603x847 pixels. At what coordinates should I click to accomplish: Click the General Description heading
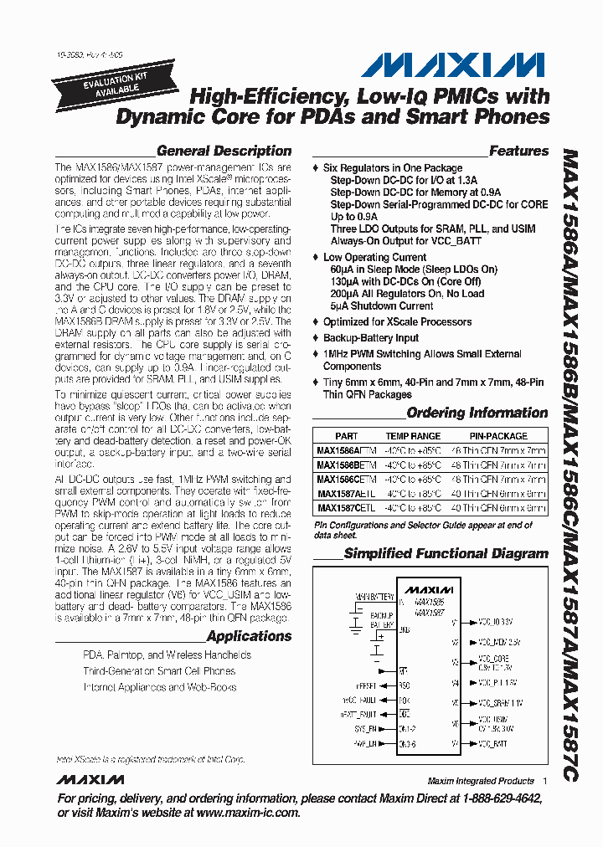click(x=224, y=151)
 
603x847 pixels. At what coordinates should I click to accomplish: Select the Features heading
click(x=518, y=151)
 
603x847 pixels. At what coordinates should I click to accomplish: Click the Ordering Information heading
click(x=477, y=413)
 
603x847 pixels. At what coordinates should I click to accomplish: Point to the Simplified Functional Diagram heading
click(x=446, y=553)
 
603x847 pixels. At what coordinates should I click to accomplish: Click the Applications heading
click(x=249, y=636)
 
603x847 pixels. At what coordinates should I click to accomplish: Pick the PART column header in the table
click(x=346, y=436)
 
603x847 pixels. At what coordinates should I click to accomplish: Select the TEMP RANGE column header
click(x=412, y=436)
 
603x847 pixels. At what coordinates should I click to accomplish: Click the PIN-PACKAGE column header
click(x=497, y=436)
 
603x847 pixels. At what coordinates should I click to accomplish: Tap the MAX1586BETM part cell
click(x=347, y=465)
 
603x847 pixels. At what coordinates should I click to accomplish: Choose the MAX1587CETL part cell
click(x=346, y=508)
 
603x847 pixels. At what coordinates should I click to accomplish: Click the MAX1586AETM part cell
click(x=347, y=451)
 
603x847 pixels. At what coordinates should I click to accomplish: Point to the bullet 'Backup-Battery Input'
click(x=370, y=338)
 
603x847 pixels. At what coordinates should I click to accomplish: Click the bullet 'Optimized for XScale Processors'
click(x=397, y=322)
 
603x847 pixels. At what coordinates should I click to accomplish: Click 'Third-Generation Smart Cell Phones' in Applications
click(x=159, y=671)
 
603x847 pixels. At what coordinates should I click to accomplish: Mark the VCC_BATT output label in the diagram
click(x=493, y=743)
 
